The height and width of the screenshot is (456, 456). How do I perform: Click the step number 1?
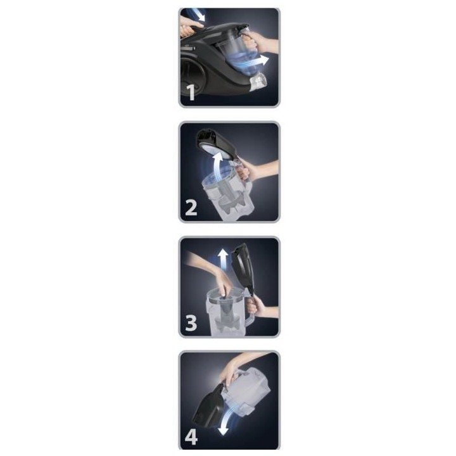coord(191,92)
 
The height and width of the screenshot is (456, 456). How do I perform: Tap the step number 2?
coord(191,207)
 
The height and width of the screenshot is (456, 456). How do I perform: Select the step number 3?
coord(191,322)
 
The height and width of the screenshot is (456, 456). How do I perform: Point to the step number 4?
coord(191,436)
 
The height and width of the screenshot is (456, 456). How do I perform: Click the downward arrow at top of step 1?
coord(199,15)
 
